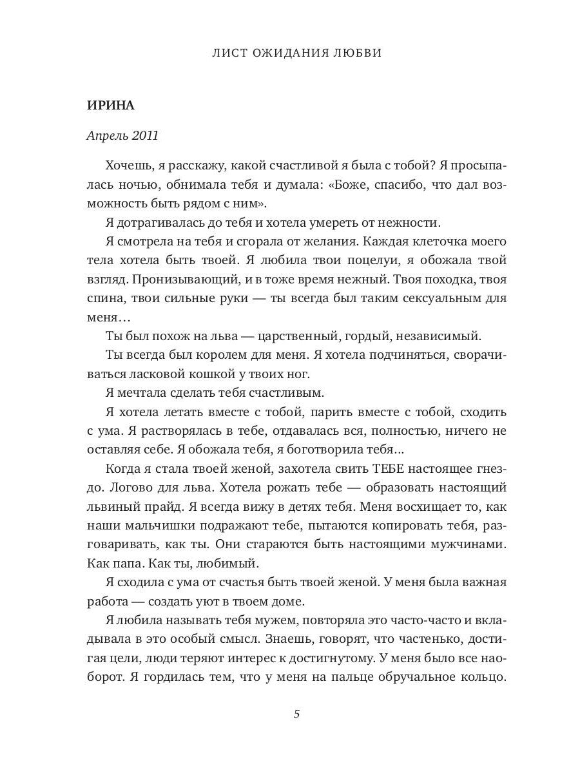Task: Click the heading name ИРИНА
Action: point(110,106)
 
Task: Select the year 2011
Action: point(145,136)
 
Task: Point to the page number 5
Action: point(296,714)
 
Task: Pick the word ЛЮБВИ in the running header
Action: point(358,53)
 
